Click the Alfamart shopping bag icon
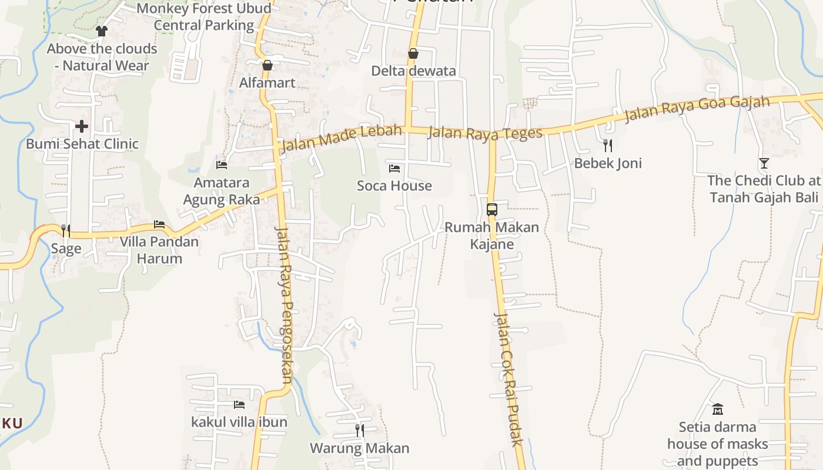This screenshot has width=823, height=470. (x=267, y=65)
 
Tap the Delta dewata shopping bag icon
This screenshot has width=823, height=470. (x=413, y=53)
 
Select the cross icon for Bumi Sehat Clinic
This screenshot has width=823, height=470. (x=82, y=126)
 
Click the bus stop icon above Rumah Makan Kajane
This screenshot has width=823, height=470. (x=492, y=209)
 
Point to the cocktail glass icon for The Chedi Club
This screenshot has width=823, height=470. (x=764, y=163)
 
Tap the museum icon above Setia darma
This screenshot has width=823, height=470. (x=717, y=409)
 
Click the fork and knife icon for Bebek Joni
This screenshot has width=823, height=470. (x=608, y=145)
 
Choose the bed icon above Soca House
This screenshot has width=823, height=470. (x=394, y=169)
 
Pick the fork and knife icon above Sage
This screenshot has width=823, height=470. (x=66, y=230)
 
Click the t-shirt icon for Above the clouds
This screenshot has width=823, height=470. (x=102, y=31)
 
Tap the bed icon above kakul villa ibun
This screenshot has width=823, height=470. (x=239, y=404)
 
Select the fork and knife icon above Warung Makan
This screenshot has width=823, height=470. (x=359, y=430)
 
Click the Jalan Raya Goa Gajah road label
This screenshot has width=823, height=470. (x=697, y=109)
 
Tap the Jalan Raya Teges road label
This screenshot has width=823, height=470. (x=485, y=133)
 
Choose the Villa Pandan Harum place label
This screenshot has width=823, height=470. (x=159, y=250)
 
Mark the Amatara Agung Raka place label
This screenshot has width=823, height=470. (x=222, y=191)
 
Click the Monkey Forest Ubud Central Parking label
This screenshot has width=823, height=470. (x=204, y=16)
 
